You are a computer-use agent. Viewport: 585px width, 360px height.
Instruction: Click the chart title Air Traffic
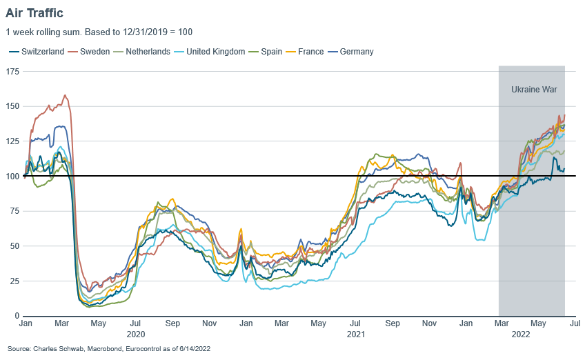tap(34, 12)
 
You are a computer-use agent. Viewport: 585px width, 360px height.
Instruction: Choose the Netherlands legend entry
tap(146, 52)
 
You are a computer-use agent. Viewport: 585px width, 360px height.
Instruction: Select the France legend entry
tap(310, 52)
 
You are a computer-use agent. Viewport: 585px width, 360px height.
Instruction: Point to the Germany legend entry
tap(357, 52)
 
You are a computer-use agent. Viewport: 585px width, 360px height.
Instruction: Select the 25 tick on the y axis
tap(14, 281)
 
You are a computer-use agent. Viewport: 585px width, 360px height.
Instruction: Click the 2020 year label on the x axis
tap(135, 334)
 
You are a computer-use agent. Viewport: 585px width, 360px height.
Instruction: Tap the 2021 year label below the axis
tap(356, 334)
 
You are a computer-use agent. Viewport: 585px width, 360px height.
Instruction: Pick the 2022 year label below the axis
tap(522, 334)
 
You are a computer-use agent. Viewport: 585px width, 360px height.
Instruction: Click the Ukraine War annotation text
tap(533, 90)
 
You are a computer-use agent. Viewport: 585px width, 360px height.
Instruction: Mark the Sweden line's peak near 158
tap(65, 95)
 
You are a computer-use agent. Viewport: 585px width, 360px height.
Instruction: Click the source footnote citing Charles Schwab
tap(109, 350)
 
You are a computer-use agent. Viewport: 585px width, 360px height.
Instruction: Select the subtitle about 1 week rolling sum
tap(99, 32)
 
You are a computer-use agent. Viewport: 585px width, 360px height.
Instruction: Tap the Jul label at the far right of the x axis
tap(575, 323)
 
